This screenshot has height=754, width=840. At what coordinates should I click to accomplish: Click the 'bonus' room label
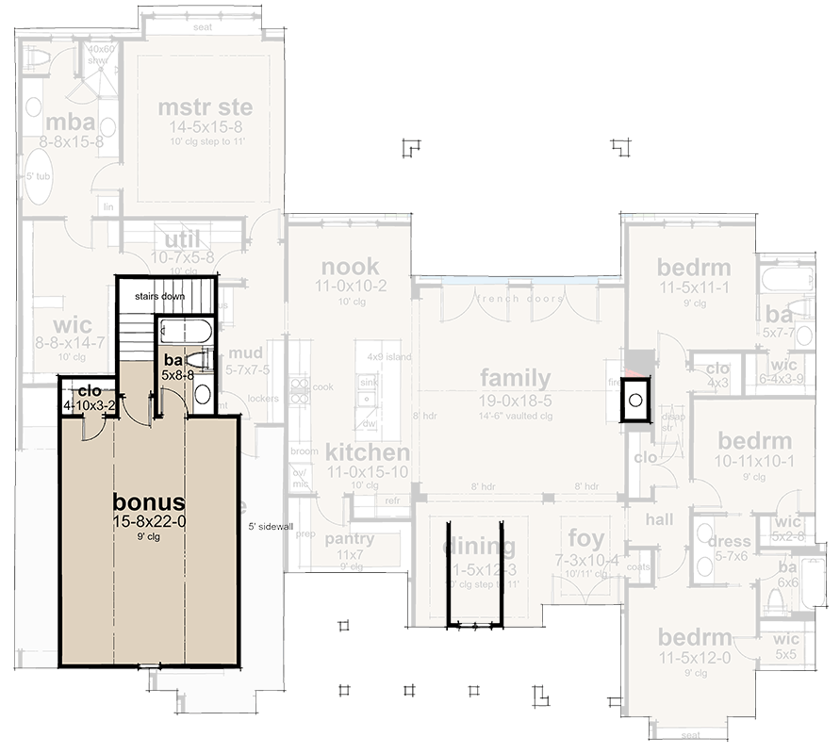point(148,500)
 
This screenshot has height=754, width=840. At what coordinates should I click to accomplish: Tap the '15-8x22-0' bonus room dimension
point(148,520)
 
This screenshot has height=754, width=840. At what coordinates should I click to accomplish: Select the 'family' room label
point(515,378)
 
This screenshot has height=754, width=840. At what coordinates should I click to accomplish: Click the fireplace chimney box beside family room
point(635,401)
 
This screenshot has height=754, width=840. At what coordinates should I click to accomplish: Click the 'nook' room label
point(349,266)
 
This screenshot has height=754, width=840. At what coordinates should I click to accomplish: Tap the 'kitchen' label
point(368,451)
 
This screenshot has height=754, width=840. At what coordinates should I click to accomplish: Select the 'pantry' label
point(349,539)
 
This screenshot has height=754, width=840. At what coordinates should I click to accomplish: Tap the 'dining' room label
point(480,547)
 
